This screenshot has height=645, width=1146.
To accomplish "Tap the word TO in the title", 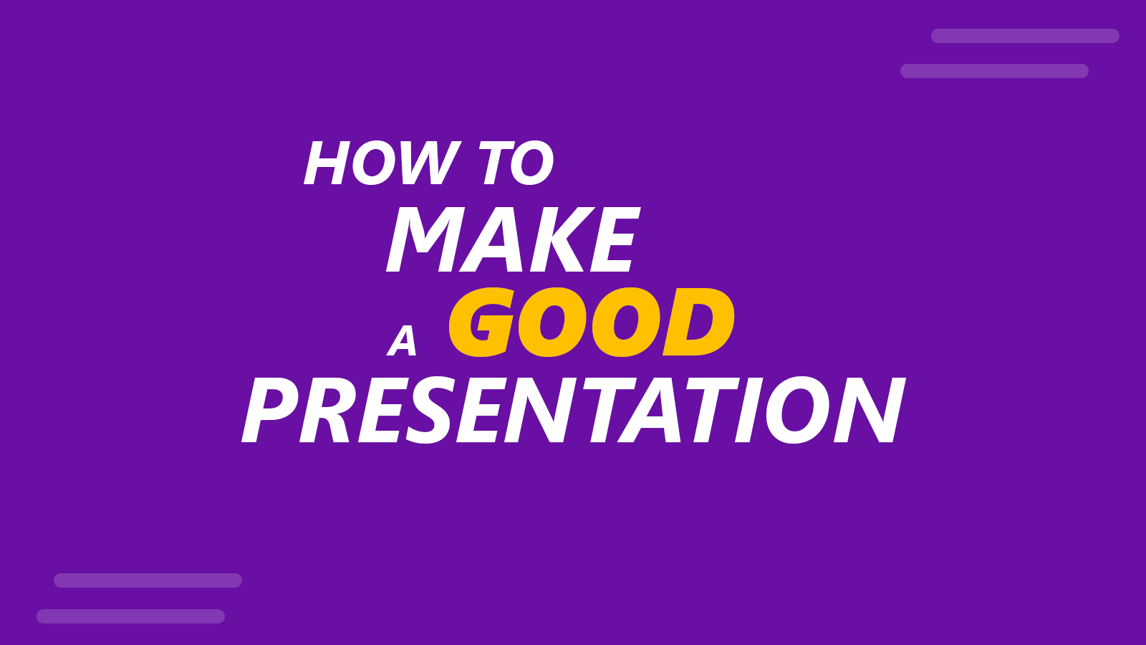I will [516, 163].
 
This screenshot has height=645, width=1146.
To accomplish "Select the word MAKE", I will [513, 239].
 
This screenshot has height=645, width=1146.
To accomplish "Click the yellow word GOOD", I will [592, 322].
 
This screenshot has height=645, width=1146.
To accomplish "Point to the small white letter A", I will [403, 340].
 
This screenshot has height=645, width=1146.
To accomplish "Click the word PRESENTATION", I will [574, 410].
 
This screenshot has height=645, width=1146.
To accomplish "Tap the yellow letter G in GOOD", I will [481, 322].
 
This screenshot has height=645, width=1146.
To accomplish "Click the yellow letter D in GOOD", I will [698, 322].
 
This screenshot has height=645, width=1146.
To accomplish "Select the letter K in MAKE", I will [562, 239].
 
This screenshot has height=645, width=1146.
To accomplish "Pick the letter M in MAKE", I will [425, 239].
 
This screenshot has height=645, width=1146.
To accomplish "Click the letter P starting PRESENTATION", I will [270, 410].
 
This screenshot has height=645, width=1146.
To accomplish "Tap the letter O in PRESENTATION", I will [797, 410].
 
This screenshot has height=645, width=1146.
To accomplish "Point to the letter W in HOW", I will [430, 163].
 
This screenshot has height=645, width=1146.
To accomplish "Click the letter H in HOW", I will [327, 163].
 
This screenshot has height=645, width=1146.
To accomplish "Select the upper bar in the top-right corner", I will [1025, 36].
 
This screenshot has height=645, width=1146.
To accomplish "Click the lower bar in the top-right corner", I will [994, 71].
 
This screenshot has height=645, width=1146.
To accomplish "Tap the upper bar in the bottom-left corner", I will [148, 580].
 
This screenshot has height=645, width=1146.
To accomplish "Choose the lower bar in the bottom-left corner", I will [130, 616].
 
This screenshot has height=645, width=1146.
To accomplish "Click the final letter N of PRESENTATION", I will [870, 410].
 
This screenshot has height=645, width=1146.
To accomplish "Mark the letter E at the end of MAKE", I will [615, 239].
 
